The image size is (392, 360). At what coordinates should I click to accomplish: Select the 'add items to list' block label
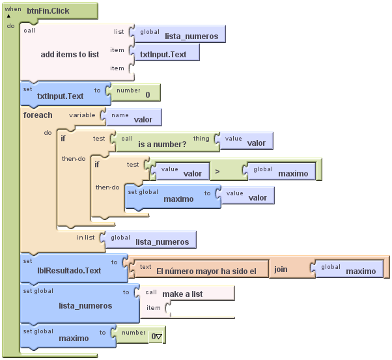click(x=70, y=55)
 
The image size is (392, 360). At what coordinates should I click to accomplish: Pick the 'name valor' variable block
click(x=135, y=118)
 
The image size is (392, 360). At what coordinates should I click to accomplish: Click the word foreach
click(x=38, y=115)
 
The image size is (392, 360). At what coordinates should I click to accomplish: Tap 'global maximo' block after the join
click(x=351, y=270)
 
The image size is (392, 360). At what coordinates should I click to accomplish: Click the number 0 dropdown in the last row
click(x=156, y=337)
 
